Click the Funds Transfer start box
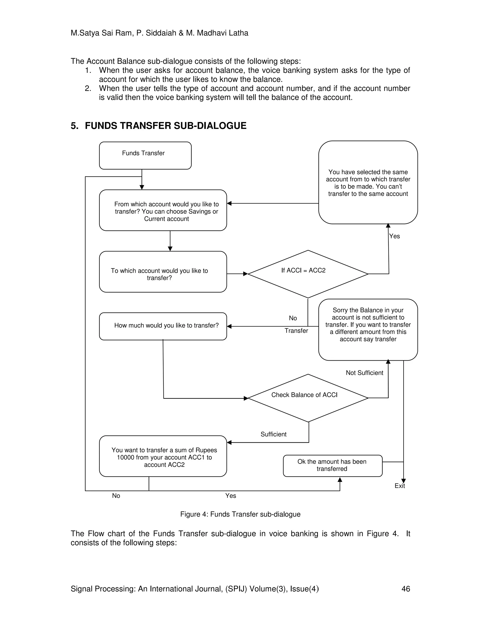point(145,155)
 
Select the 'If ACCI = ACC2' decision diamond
point(308,274)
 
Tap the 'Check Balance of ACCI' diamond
point(308,398)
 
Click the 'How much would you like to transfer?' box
point(163,326)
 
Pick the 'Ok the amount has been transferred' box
point(332,465)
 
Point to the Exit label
point(400,486)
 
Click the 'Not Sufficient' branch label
point(365,373)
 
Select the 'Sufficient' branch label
point(273,434)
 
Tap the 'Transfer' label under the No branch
point(296,331)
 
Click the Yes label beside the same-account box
point(394,236)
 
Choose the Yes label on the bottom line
point(231,496)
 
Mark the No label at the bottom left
point(116,496)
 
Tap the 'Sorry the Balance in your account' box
point(368,330)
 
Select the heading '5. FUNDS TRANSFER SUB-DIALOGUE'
point(159,126)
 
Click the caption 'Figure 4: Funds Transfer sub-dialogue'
point(240,514)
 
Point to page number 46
point(405,589)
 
